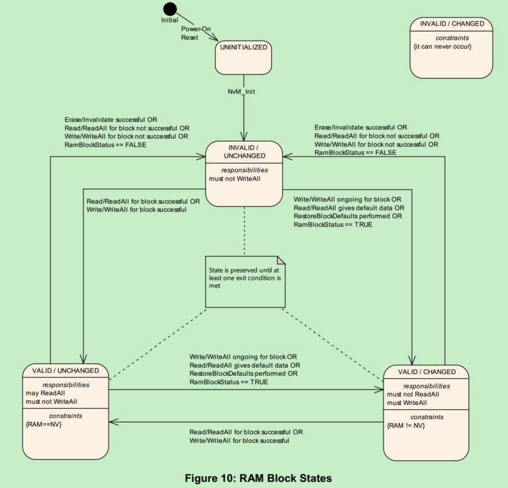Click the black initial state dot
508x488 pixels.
click(170, 9)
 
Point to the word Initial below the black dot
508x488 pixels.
click(170, 20)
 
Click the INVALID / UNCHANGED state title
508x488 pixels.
click(243, 151)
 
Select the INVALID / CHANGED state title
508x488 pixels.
click(452, 24)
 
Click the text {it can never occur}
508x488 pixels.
click(443, 47)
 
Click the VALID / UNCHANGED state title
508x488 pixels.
click(65, 370)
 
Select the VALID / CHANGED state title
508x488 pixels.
click(426, 371)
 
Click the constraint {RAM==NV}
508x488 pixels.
click(45, 424)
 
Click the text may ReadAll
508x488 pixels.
click(45, 393)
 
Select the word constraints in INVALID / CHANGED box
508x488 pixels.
click(452, 38)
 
